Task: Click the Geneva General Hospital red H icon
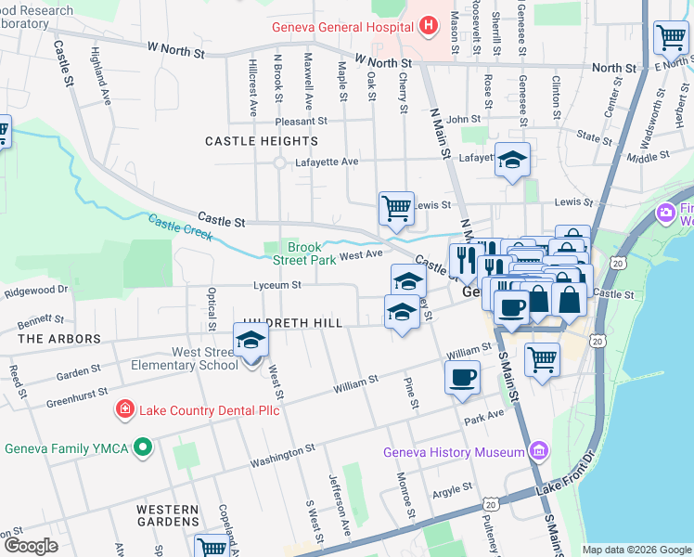[x=427, y=26]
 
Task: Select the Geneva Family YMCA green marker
[x=142, y=448]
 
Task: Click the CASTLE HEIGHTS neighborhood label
[x=261, y=141]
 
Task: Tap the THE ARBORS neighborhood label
[x=59, y=339]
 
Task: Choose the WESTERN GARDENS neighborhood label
[x=167, y=517]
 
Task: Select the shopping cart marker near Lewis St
[x=396, y=208]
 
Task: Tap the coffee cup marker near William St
[x=463, y=377]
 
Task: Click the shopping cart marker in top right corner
[x=670, y=38]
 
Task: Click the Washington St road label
[x=282, y=455]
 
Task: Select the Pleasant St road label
[x=301, y=121]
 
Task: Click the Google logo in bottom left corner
[x=32, y=546]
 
